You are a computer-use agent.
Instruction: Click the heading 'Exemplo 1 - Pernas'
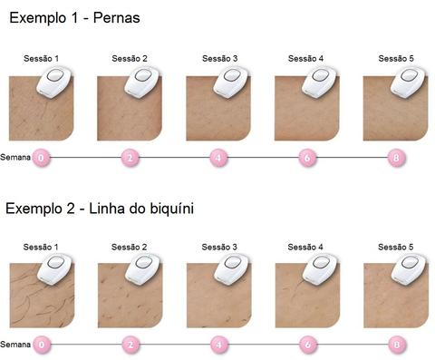[x=74, y=18]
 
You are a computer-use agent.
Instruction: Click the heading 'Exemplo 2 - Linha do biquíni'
[x=100, y=209]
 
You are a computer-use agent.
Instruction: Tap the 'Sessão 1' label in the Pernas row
[x=41, y=58]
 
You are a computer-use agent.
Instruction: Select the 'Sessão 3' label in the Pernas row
[x=219, y=58]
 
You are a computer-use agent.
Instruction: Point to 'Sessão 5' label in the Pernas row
[x=396, y=58]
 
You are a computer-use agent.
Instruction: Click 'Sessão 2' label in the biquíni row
[x=129, y=247]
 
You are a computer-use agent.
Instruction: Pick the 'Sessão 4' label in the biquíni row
[x=305, y=247]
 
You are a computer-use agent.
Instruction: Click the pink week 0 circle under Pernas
[x=42, y=158]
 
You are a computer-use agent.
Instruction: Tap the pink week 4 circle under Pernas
[x=218, y=158]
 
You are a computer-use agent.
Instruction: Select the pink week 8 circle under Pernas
[x=396, y=158]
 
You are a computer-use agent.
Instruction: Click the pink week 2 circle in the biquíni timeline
[x=130, y=345]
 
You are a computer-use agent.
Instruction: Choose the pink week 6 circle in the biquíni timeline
[x=308, y=345]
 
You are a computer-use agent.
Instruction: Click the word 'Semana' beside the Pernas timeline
[x=15, y=157]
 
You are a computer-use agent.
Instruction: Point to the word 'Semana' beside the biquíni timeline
[x=15, y=345]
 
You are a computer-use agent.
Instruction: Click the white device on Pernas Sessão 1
[x=54, y=83]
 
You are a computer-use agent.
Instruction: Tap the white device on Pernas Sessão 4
[x=320, y=83]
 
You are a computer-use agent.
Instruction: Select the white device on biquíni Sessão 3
[x=232, y=269]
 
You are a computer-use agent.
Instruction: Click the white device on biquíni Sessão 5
[x=410, y=269]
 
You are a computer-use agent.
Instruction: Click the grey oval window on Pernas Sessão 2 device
[x=143, y=75]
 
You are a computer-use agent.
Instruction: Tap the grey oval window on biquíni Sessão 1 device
[x=56, y=262]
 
